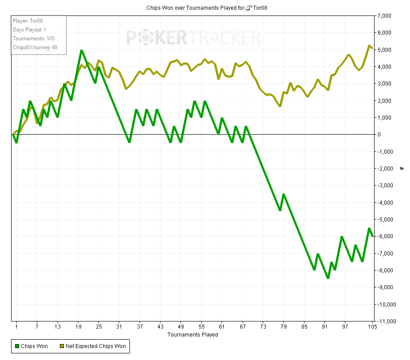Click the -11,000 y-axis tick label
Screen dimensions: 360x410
[x=385, y=321]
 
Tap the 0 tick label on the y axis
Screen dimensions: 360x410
[x=379, y=135]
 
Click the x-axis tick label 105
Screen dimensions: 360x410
[x=372, y=327]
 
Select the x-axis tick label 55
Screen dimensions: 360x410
[x=202, y=327]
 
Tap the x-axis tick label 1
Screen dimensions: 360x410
[x=16, y=327]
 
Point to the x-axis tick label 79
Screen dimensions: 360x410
[x=284, y=327]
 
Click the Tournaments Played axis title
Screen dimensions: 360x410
[x=193, y=335]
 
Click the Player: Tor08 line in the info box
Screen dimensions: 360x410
[x=27, y=20]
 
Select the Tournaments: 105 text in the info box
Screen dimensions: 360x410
[x=34, y=39]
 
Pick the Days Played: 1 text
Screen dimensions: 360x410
[x=30, y=30]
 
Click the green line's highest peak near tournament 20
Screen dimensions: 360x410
[x=82, y=50]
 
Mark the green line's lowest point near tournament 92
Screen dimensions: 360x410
[x=328, y=278]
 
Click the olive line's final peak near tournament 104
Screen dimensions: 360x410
[x=369, y=46]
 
